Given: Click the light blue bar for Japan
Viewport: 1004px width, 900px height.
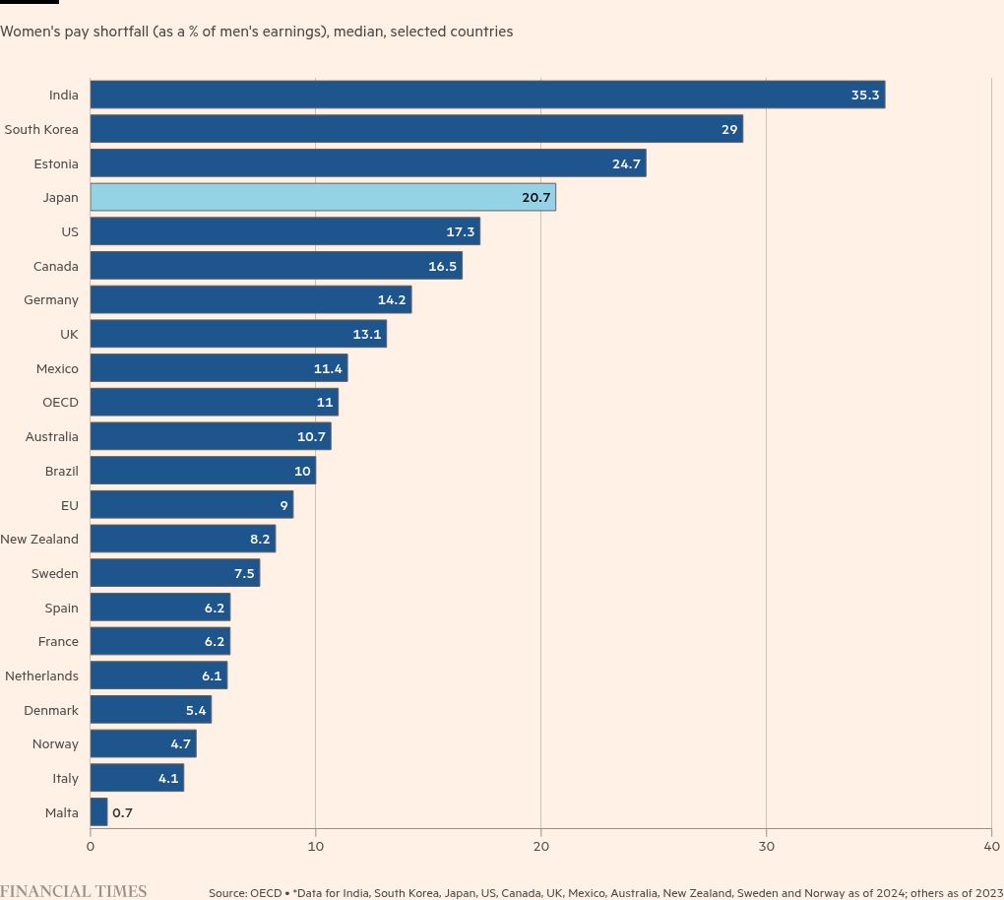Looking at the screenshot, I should [323, 197].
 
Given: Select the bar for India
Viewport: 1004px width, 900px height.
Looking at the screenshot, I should [487, 95].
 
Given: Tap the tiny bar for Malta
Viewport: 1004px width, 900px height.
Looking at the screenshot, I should [98, 812].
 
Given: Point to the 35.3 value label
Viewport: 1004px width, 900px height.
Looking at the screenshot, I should [865, 96].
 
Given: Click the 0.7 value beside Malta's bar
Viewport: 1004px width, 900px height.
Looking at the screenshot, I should [122, 812].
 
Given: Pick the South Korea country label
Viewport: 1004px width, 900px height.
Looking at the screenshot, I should [41, 129].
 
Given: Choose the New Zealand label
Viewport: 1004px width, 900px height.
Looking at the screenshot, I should [39, 539].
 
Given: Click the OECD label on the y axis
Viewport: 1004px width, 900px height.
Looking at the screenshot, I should [60, 402].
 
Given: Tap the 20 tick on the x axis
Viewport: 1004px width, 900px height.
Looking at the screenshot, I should [540, 846].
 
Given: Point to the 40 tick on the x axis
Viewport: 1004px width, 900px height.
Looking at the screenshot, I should [991, 846].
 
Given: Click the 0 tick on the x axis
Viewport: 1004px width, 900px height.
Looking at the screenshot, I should [91, 846].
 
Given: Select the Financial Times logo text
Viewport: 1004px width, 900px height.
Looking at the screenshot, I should [73, 891].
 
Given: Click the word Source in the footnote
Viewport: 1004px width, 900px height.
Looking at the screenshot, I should [227, 893].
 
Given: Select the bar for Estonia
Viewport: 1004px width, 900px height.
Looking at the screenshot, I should [368, 163].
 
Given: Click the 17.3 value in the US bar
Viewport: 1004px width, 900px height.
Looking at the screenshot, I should [461, 232].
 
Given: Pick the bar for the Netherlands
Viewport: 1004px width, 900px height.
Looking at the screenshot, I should [158, 675].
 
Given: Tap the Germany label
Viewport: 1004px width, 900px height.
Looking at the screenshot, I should [51, 299].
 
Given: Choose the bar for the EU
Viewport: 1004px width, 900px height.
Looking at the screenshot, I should [192, 505].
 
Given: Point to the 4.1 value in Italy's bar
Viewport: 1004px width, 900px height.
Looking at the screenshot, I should [168, 779].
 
